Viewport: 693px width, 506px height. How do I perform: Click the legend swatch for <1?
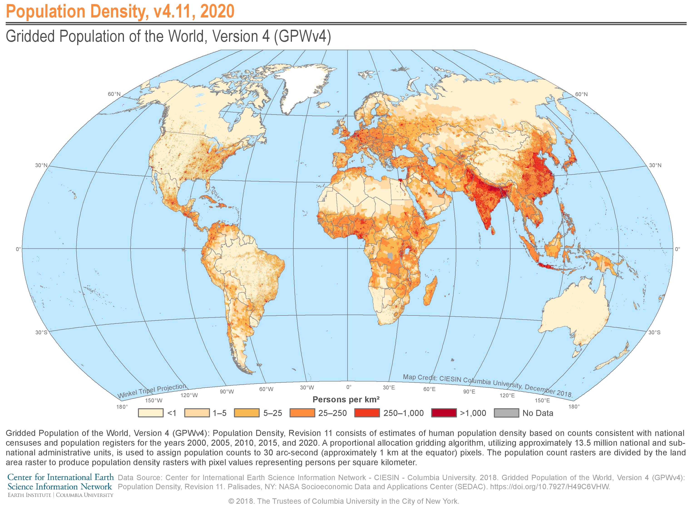[x=150, y=413]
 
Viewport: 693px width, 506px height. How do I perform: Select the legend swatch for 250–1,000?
[x=367, y=413]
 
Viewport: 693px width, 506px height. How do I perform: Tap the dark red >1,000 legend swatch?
[x=444, y=413]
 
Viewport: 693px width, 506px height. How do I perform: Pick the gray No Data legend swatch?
[x=506, y=413]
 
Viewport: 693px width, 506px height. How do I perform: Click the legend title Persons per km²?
[x=346, y=399]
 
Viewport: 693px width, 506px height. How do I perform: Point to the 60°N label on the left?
[x=114, y=94]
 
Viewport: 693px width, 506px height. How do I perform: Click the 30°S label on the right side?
[x=654, y=332]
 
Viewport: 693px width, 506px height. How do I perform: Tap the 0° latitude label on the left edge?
[x=18, y=249]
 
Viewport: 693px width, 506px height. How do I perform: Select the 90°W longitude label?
[x=227, y=391]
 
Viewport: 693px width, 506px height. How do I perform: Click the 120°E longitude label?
[x=507, y=395]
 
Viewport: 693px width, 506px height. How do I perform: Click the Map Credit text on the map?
[x=487, y=385]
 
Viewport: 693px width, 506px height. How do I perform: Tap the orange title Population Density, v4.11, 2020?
[x=120, y=11]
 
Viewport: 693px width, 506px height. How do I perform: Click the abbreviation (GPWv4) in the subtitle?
[x=302, y=37]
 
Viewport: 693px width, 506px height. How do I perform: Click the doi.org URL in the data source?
[x=550, y=487]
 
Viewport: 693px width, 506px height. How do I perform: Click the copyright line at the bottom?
[x=344, y=501]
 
